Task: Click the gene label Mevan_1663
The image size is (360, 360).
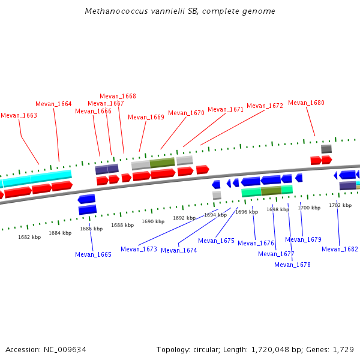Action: click(x=19, y=115)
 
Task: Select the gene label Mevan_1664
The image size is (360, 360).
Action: click(x=53, y=104)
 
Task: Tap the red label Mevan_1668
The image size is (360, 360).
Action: click(x=118, y=96)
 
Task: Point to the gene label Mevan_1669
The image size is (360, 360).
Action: click(x=146, y=117)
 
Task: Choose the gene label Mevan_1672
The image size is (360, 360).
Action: click(x=265, y=106)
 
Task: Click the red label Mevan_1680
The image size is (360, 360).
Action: click(x=306, y=103)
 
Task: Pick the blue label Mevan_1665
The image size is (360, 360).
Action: click(x=93, y=254)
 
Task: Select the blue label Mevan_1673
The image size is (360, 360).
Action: click(x=139, y=249)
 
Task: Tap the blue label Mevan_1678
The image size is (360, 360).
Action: click(x=292, y=265)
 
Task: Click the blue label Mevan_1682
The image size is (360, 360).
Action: click(x=340, y=249)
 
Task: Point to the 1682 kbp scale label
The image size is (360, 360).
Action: click(x=29, y=237)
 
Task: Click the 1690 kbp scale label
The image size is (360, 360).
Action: click(x=153, y=221)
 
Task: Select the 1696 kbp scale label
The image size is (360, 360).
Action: click(x=246, y=212)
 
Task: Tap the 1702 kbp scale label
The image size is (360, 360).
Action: click(x=340, y=205)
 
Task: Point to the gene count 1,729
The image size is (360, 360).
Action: click(x=343, y=349)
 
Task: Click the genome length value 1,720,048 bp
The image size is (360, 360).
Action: click(x=276, y=349)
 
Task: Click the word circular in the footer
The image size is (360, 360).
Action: click(x=206, y=349)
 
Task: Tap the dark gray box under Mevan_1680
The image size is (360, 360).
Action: click(x=326, y=149)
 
